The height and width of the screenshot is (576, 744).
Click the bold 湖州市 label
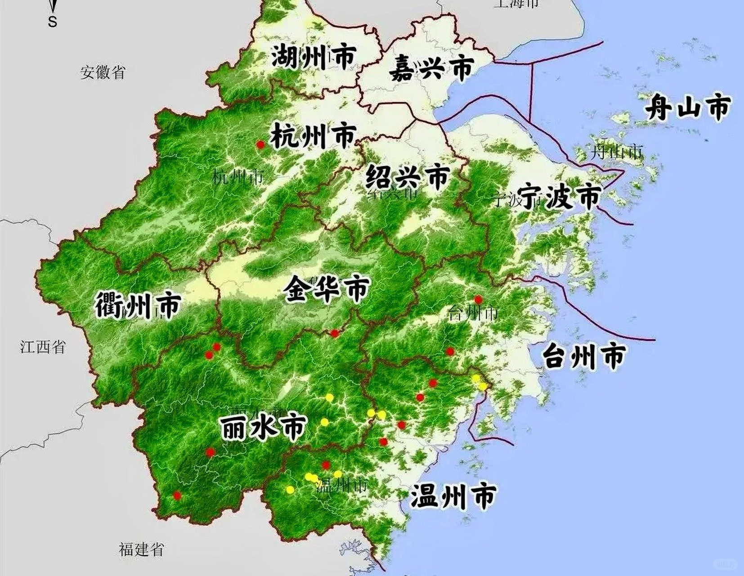pyautogui.click(x=314, y=57)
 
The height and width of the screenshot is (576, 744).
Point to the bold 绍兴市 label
pyautogui.click(x=407, y=176)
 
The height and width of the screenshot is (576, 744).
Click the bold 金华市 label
pyautogui.click(x=327, y=289)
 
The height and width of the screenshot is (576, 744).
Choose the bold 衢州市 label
pyautogui.click(x=138, y=306)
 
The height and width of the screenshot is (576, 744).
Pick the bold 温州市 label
pyautogui.click(x=453, y=495)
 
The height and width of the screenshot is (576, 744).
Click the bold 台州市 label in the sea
pyautogui.click(x=583, y=356)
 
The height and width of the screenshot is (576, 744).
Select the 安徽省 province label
pyautogui.click(x=103, y=72)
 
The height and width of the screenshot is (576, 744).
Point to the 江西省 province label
pyautogui.click(x=43, y=347)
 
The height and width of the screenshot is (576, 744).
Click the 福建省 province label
pyautogui.click(x=141, y=549)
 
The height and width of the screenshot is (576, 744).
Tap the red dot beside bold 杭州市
pyautogui.click(x=260, y=144)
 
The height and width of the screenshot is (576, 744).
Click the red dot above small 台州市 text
pyautogui.click(x=479, y=299)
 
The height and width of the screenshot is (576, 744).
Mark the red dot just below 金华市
pyautogui.click(x=334, y=333)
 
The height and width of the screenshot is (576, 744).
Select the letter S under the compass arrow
pyautogui.click(x=53, y=22)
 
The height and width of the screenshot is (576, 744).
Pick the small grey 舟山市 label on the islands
pyautogui.click(x=616, y=152)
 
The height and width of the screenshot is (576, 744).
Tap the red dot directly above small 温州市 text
pyautogui.click(x=326, y=465)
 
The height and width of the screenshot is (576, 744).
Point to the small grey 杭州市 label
pyautogui.click(x=238, y=178)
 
